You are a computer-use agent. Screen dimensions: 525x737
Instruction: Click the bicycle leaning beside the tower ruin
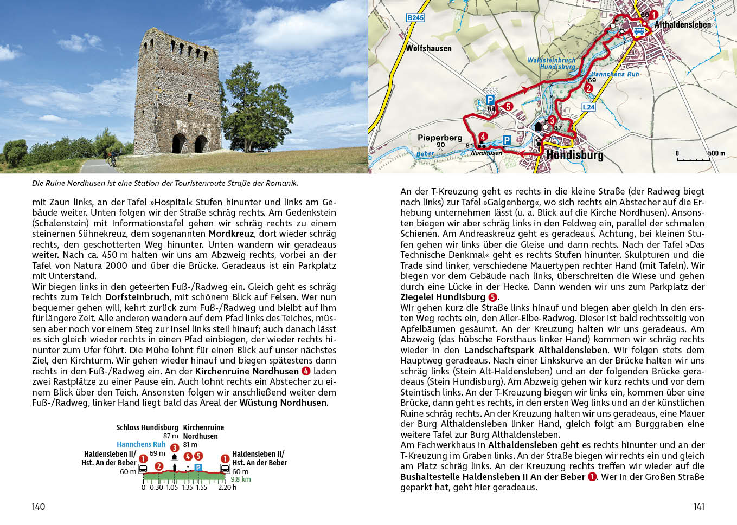pos(113,158)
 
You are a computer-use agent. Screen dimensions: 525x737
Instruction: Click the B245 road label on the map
pos(415,18)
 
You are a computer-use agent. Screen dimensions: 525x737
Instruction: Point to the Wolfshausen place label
pos(428,48)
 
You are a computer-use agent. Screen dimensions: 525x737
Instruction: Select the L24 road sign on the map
pos(588,107)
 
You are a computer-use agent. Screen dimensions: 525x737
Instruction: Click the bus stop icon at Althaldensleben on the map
pos(640,31)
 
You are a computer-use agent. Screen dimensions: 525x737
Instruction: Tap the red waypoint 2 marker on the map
pos(589,88)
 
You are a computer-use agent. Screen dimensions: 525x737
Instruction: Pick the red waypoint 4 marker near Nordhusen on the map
pos(483,137)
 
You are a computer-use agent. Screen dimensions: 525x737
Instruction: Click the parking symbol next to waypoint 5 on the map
pos(490,100)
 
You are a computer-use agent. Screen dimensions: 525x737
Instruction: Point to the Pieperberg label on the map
pos(440,138)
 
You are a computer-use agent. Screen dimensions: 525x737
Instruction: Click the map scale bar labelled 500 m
pos(693,159)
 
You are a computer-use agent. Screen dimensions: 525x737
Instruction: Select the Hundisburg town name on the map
pos(574,155)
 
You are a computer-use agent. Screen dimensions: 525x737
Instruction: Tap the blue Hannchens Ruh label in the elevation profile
pos(141,444)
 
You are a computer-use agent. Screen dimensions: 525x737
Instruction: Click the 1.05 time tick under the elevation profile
pos(172,487)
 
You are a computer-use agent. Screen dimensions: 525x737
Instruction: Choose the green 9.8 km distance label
pos(241,479)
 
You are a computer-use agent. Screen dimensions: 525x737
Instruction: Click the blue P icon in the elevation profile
pos(198,467)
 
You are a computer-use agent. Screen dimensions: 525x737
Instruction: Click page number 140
pos(39,507)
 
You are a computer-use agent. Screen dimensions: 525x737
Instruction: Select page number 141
pos(698,507)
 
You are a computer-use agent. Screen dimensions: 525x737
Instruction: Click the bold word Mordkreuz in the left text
pos(231,234)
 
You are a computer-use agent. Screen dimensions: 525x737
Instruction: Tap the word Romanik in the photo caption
pos(281,183)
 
